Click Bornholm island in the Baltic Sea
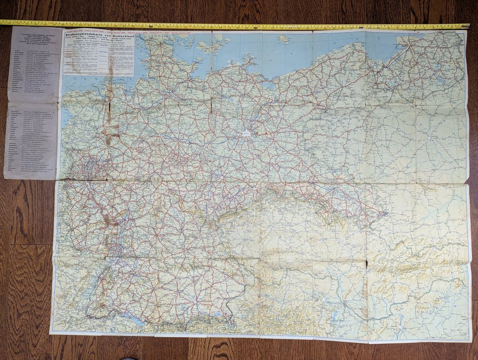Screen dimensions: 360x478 (283, 39)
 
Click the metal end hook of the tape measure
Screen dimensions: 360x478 (467, 26)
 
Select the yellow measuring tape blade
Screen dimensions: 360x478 (233, 24)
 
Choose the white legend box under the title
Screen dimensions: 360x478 (98, 58)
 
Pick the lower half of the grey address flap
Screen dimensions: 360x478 (30, 140)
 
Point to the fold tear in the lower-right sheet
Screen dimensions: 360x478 (367, 264)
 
